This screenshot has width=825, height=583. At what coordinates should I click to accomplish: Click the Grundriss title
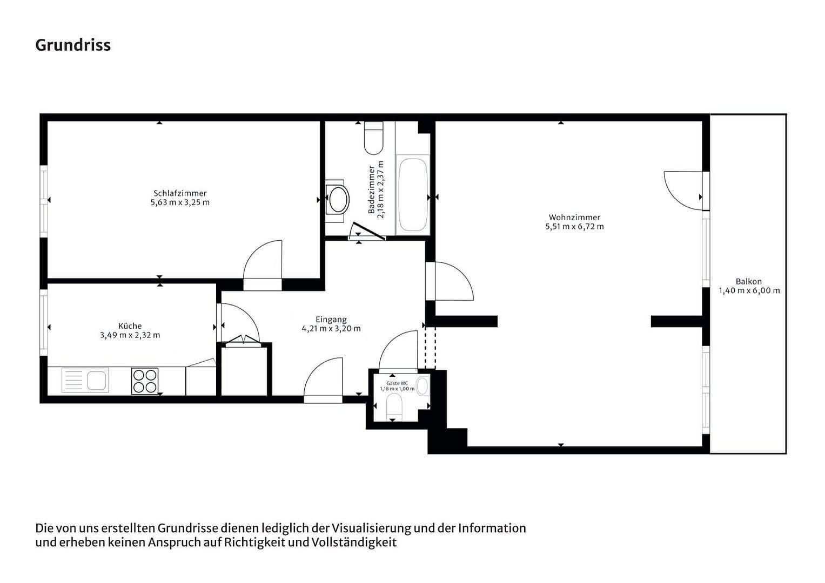pyautogui.click(x=73, y=45)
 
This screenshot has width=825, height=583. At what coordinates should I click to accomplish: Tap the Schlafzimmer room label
pyautogui.click(x=180, y=193)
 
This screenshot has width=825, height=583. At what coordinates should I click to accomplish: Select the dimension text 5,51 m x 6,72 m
pyautogui.click(x=574, y=227)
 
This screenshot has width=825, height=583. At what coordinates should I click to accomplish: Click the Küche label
pyautogui.click(x=130, y=326)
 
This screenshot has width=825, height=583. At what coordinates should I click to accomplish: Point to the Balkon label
pyautogui.click(x=748, y=281)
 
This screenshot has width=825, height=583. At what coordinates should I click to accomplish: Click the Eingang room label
pyautogui.click(x=331, y=319)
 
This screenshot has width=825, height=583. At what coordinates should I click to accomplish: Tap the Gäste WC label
pyautogui.click(x=397, y=383)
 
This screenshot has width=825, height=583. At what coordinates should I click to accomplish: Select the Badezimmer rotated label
pyautogui.click(x=372, y=189)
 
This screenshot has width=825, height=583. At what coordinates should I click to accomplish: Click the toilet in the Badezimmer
pyautogui.click(x=373, y=138)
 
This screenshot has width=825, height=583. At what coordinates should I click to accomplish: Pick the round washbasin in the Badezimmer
pyautogui.click(x=339, y=199)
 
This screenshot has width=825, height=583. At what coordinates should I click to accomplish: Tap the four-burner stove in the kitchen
pyautogui.click(x=145, y=381)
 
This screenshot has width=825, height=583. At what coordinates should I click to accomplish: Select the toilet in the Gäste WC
pyautogui.click(x=395, y=406)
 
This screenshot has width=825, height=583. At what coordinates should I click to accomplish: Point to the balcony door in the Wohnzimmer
pyautogui.click(x=683, y=191)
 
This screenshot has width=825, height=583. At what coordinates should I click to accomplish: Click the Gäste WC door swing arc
pyautogui.click(x=399, y=351)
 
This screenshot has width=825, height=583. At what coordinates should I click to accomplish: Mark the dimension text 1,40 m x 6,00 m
pyautogui.click(x=749, y=290)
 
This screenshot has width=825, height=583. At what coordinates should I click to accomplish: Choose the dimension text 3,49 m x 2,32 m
pyautogui.click(x=130, y=335)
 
